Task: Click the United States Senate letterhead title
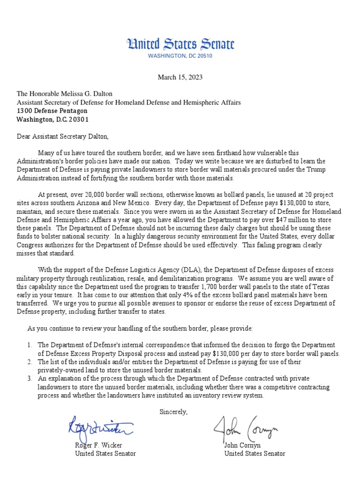180,45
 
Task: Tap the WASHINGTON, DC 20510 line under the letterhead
180,56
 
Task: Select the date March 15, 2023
180,77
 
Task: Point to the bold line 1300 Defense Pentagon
52,111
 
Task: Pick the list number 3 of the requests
30,378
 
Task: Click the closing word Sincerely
173,412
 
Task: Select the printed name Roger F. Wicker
98,445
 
